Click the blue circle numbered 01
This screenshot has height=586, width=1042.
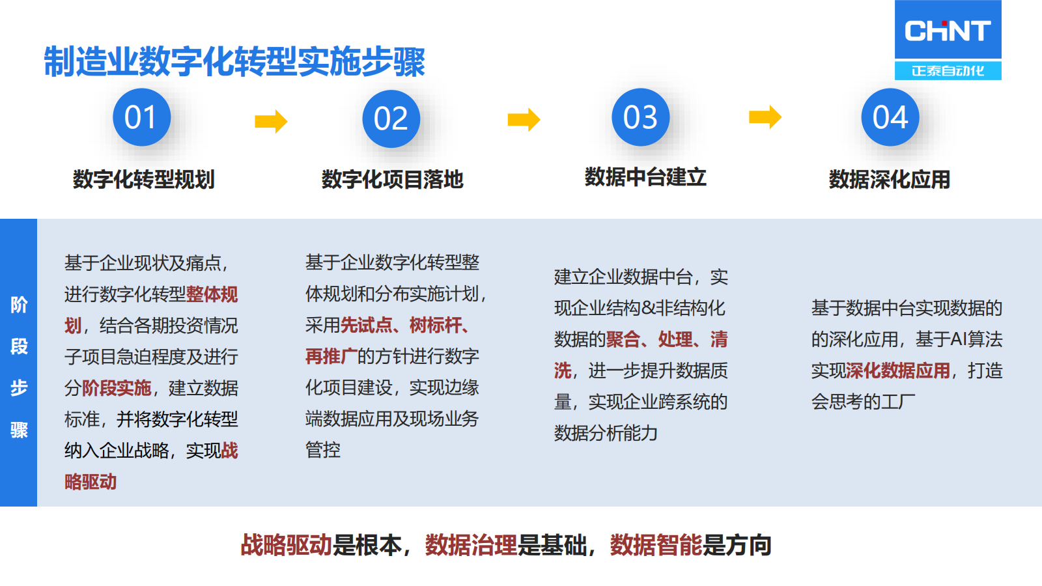pyautogui.click(x=141, y=117)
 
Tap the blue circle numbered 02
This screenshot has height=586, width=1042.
pyautogui.click(x=391, y=119)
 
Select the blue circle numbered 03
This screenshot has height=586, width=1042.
pyautogui.click(x=641, y=117)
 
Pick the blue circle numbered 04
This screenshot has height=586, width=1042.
pyautogui.click(x=890, y=117)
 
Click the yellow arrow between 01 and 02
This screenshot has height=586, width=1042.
pyautogui.click(x=271, y=121)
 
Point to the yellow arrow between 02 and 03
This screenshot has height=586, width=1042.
pyautogui.click(x=524, y=120)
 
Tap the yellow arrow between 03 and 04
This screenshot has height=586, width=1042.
pyautogui.click(x=765, y=117)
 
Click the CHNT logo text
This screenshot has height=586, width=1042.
pyautogui.click(x=948, y=31)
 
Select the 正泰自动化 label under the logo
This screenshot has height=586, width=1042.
pyautogui.click(x=948, y=70)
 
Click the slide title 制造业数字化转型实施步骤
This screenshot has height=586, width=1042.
pyautogui.click(x=234, y=62)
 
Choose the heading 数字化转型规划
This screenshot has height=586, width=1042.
pyautogui.click(x=143, y=179)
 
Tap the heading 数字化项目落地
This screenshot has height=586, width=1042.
pyautogui.click(x=392, y=179)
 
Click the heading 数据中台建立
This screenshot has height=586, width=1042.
pyautogui.click(x=645, y=176)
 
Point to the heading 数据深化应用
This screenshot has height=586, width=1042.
pyautogui.click(x=889, y=179)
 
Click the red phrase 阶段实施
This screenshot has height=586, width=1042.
pyautogui.click(x=117, y=388)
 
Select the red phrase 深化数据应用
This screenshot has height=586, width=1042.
pyautogui.click(x=898, y=370)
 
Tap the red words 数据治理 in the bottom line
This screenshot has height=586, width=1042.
pyautogui.click(x=471, y=545)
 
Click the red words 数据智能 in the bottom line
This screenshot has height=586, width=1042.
pyautogui.click(x=656, y=545)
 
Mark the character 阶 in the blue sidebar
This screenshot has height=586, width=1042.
pyautogui.click(x=19, y=305)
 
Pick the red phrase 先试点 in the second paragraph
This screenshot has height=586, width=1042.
pyautogui.click(x=367, y=325)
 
